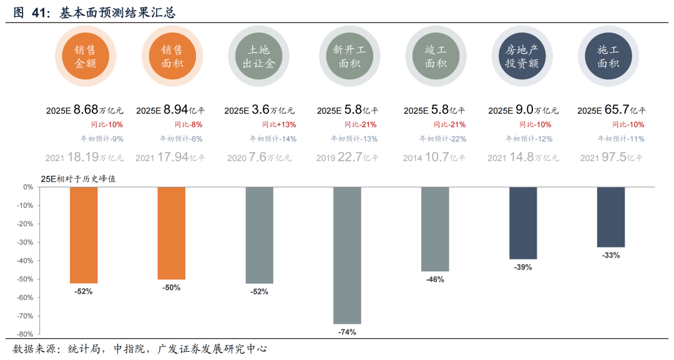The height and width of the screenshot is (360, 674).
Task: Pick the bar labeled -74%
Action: pos(347,255)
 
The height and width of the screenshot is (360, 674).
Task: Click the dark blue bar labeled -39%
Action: pos(523,223)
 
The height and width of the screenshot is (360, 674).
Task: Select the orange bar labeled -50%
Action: pos(172,233)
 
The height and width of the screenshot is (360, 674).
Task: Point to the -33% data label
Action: pos(610,256)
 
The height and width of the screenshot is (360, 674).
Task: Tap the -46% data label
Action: pos(435,280)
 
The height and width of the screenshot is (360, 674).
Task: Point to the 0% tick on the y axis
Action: pos(28,187)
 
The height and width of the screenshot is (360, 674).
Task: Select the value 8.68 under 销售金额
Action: pos(86,110)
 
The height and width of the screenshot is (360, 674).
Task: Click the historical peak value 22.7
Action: pos(350,158)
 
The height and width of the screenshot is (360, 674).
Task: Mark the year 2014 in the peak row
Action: pos(413,158)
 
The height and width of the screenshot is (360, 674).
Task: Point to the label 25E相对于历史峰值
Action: pos(78,178)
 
